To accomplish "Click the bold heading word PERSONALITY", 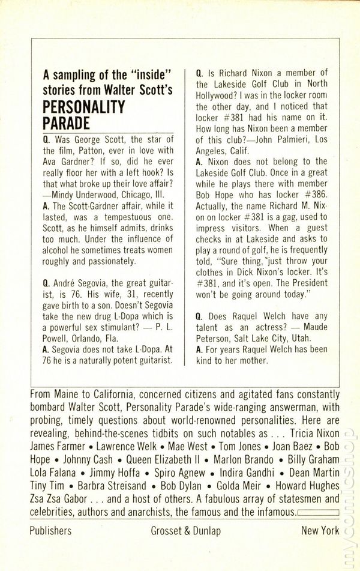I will click(84, 107).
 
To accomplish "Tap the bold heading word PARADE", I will click(67, 123).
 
